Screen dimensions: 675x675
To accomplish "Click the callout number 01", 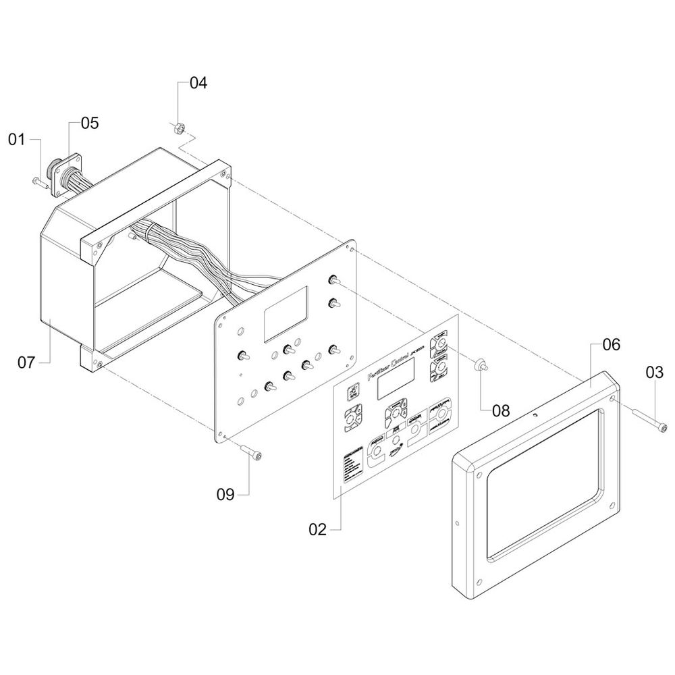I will click(x=16, y=140).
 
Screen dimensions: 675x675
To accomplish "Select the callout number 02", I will click(x=317, y=530).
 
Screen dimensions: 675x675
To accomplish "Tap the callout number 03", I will click(x=654, y=371).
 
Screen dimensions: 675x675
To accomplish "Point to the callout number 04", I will click(x=198, y=84).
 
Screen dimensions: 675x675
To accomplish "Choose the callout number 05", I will click(x=89, y=123).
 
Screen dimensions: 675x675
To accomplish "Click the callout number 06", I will click(x=610, y=344).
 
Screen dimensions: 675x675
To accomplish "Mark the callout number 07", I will click(x=26, y=363).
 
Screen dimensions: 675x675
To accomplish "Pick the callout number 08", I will click(x=501, y=409).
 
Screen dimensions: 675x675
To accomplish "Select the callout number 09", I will click(x=225, y=495).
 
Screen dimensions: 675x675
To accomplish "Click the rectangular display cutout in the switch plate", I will click(x=286, y=313).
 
